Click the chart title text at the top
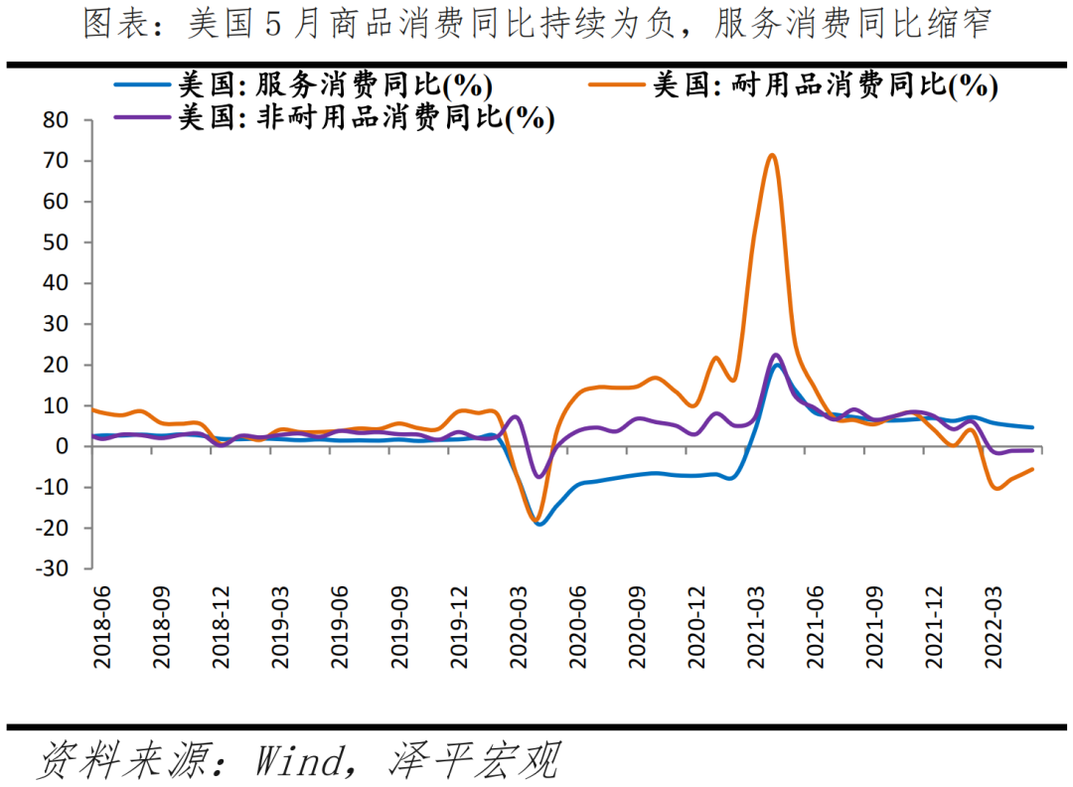point(536,25)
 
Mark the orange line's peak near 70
point(772,155)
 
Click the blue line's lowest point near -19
point(539,524)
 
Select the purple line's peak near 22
point(776,355)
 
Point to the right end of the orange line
point(1032,469)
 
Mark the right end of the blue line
point(1032,427)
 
